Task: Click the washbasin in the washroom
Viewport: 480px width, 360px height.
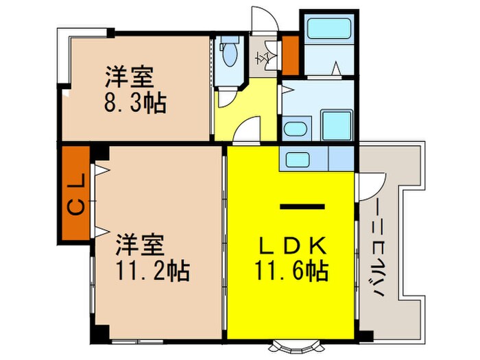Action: [x=296, y=129]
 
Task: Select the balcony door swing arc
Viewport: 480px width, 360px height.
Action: [x=369, y=182]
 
